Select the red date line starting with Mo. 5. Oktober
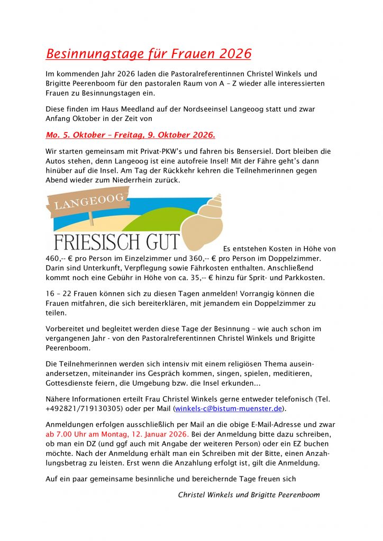(131, 135)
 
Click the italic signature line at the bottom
(249, 495)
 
